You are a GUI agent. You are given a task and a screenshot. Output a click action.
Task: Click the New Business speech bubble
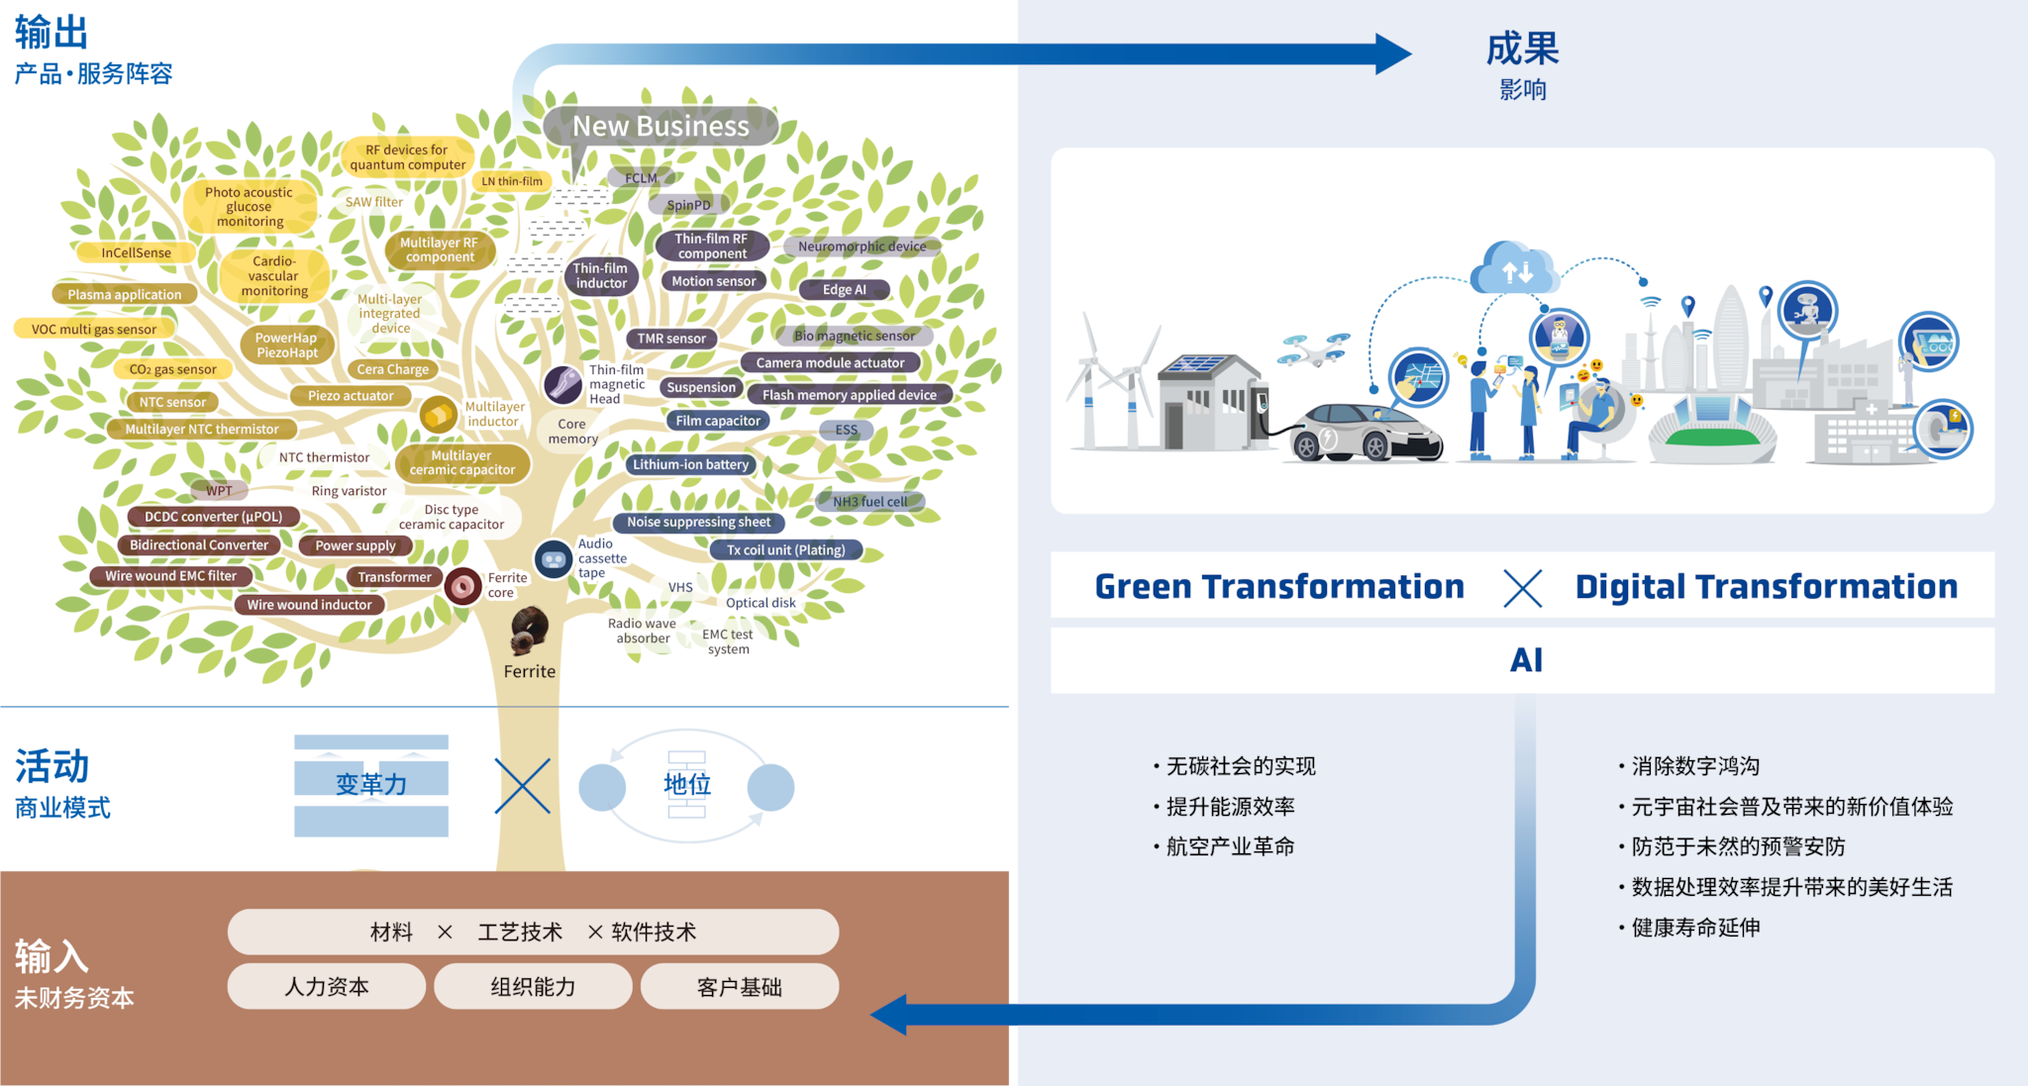click(x=660, y=127)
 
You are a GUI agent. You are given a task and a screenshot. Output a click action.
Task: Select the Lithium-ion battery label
click(x=690, y=464)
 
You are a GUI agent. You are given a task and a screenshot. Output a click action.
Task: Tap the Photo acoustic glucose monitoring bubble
click(x=250, y=207)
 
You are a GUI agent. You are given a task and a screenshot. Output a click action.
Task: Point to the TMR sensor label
click(x=671, y=339)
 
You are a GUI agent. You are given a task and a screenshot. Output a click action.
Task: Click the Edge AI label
click(x=844, y=290)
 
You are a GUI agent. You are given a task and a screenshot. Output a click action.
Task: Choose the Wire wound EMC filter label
click(x=171, y=576)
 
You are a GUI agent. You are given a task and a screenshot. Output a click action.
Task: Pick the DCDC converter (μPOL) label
click(x=213, y=517)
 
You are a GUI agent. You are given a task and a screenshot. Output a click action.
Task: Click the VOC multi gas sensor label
click(x=94, y=329)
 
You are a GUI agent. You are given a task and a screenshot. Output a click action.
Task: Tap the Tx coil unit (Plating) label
click(x=786, y=550)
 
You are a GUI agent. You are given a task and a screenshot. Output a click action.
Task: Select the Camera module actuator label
click(x=830, y=363)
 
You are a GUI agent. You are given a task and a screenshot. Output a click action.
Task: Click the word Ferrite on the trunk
click(x=530, y=672)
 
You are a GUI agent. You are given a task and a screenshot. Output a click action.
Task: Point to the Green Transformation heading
click(x=1278, y=587)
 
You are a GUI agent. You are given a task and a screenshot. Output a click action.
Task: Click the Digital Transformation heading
click(x=1766, y=587)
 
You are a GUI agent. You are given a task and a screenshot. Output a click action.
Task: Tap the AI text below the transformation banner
click(x=1526, y=660)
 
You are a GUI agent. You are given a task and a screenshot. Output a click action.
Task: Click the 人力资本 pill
click(x=327, y=987)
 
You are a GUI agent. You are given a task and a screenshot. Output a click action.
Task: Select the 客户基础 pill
click(x=740, y=987)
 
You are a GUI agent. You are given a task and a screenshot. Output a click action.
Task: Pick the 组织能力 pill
click(x=533, y=987)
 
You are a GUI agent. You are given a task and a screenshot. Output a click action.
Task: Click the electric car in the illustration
click(x=1364, y=433)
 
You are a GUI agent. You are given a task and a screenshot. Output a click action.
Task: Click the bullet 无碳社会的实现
click(x=1241, y=766)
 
